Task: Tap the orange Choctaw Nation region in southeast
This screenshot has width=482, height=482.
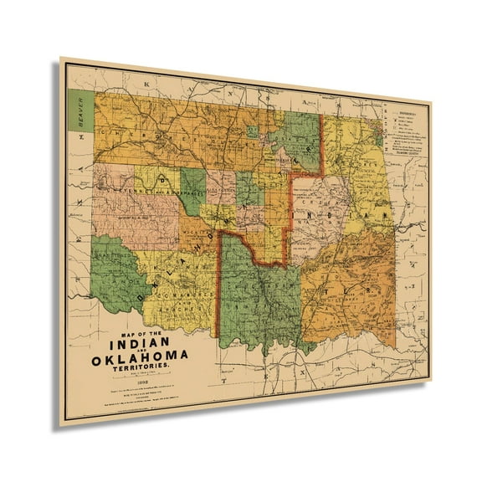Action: tap(351, 285)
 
